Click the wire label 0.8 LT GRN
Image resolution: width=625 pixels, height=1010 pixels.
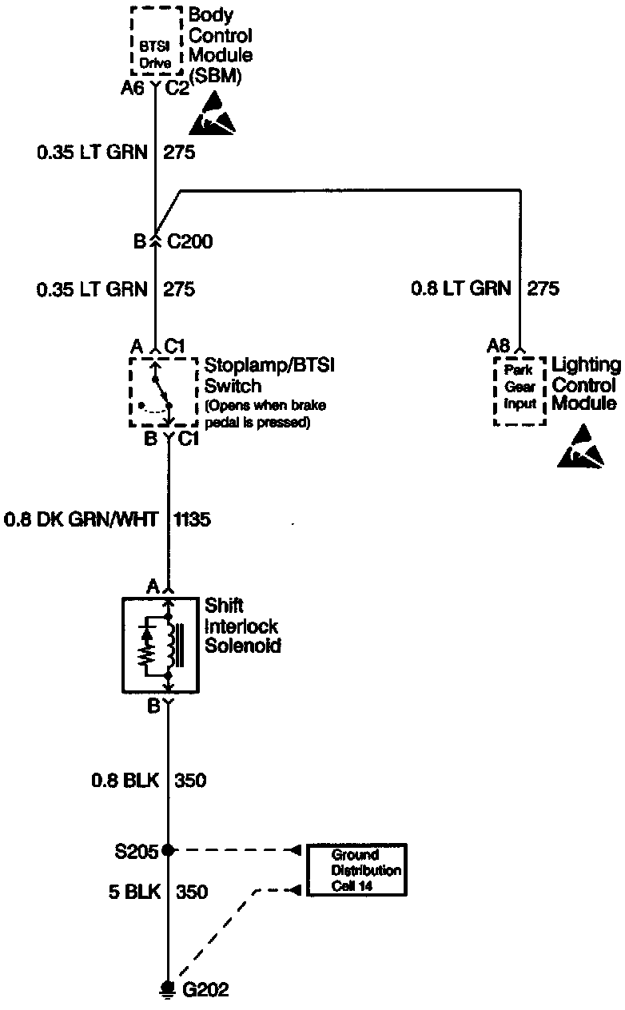460,288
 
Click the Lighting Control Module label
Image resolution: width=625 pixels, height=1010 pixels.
586,385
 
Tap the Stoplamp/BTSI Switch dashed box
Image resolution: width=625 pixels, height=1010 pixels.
163,392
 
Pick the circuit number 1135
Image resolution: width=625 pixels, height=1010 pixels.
191,520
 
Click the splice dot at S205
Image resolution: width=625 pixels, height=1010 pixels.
168,850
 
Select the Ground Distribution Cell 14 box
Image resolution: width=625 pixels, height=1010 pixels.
358,869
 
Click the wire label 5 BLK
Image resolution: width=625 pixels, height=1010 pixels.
123,892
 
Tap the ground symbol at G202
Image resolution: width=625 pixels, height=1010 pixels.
168,988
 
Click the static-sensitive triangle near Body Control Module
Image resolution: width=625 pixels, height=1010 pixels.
213,114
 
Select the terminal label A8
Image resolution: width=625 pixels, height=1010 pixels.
498,346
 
